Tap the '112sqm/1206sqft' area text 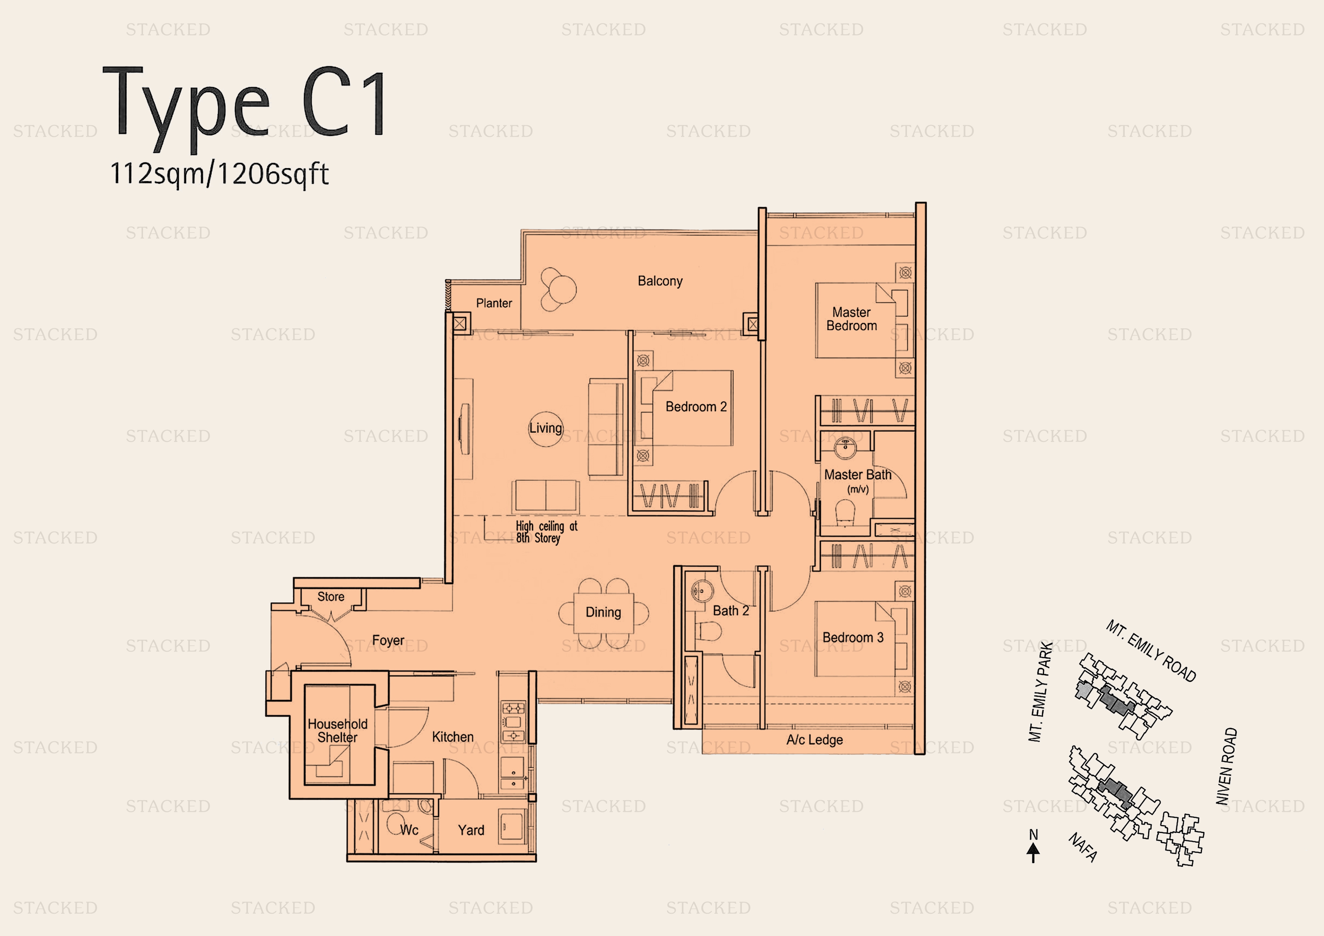tap(219, 174)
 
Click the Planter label tap(494, 303)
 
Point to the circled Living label tap(545, 428)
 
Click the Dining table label tap(603, 613)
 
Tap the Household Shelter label tap(337, 731)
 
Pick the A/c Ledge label tap(814, 740)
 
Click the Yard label tap(471, 830)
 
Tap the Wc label tap(409, 830)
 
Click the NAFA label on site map tap(1082, 847)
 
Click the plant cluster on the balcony tap(557, 288)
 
